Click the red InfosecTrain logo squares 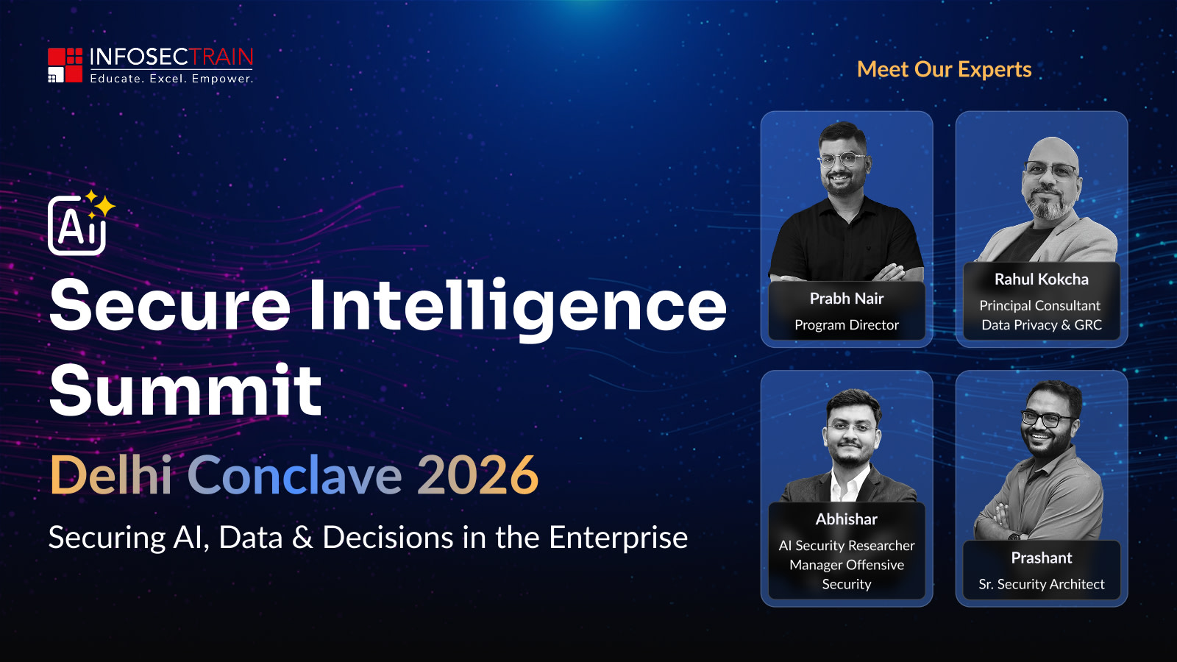[65, 65]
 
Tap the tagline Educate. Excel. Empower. [172, 79]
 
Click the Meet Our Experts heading [945, 69]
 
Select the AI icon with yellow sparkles [81, 224]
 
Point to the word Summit [185, 390]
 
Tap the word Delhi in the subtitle [111, 475]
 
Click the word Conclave [295, 475]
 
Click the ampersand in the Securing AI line [302, 538]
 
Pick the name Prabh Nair [847, 299]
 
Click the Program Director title [847, 325]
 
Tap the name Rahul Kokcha [1042, 279]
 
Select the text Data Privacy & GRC [1042, 324]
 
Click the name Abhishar [847, 519]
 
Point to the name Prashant [1042, 558]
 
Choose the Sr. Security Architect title [1042, 584]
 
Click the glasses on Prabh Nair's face [842, 159]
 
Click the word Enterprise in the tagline [618, 538]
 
